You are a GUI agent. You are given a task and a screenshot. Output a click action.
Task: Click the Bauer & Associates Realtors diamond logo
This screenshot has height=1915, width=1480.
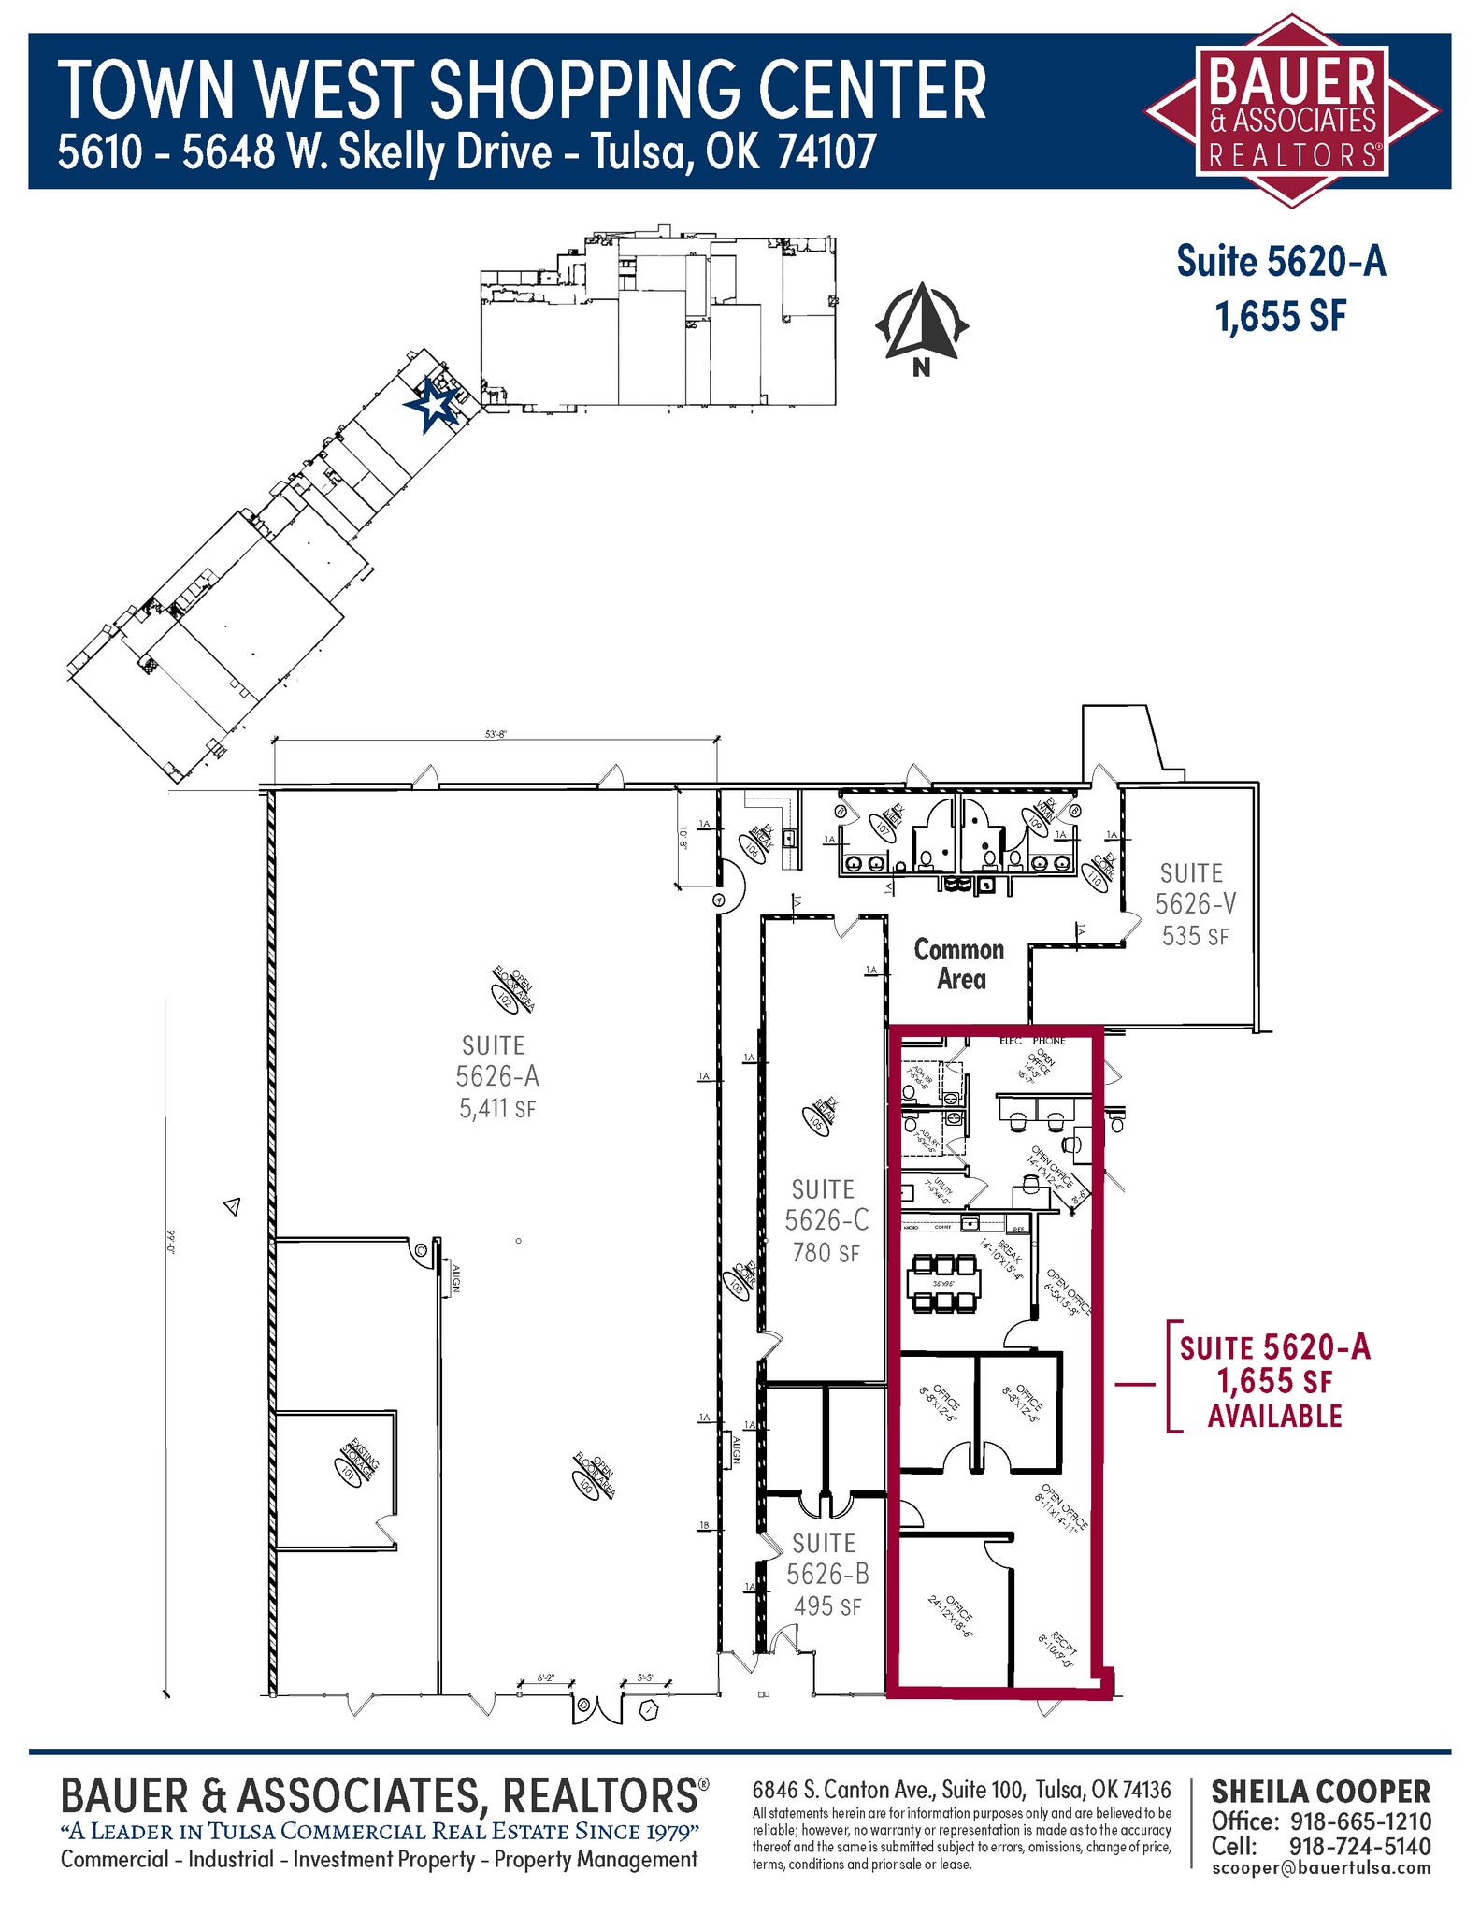click(x=1292, y=110)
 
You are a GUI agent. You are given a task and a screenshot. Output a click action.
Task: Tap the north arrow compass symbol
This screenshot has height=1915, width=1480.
click(x=922, y=323)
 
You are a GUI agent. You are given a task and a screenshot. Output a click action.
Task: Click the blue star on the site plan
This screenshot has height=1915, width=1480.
click(x=432, y=405)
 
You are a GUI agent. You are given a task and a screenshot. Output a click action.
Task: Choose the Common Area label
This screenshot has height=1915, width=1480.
click(x=959, y=964)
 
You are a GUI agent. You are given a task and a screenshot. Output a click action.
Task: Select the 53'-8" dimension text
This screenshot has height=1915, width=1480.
click(x=496, y=735)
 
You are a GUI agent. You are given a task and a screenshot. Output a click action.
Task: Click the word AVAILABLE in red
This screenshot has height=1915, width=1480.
click(x=1274, y=1416)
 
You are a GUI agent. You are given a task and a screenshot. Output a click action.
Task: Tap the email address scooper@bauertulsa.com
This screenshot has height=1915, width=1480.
click(x=1320, y=1867)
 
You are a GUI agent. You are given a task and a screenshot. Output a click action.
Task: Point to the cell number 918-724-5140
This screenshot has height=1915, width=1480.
click(x=1358, y=1846)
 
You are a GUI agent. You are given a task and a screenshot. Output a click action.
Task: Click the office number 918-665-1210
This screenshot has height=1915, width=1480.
click(x=1360, y=1821)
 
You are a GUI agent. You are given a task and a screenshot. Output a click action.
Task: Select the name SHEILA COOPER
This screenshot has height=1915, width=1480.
click(x=1320, y=1792)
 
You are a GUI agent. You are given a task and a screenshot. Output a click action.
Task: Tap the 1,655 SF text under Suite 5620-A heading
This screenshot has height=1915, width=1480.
click(x=1280, y=317)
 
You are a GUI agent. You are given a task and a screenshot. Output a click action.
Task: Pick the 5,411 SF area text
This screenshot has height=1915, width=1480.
click(x=496, y=1109)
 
